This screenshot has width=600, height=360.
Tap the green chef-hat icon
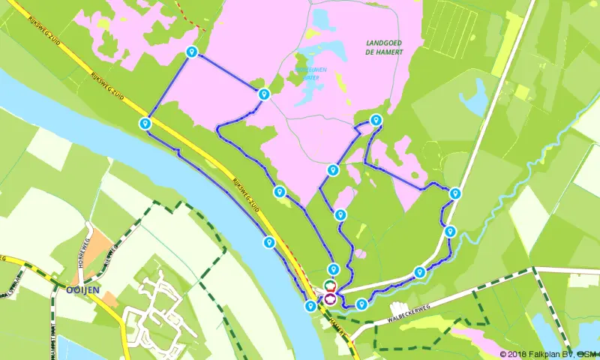click(x=329, y=285)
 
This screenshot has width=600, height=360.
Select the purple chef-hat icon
click(x=329, y=298)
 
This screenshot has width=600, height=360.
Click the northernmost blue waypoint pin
click(x=191, y=52)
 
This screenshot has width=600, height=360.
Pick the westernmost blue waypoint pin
click(x=145, y=123)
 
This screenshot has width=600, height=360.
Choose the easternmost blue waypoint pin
click(x=454, y=193)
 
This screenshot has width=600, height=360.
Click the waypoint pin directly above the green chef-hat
click(x=333, y=269)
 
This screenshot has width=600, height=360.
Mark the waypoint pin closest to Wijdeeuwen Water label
click(x=263, y=94)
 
